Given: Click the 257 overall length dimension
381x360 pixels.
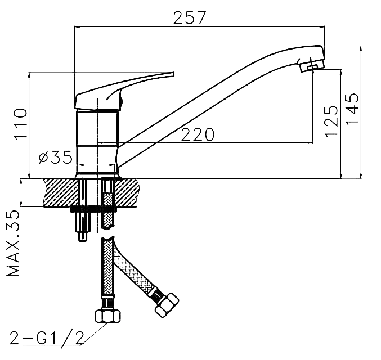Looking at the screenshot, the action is (189, 18).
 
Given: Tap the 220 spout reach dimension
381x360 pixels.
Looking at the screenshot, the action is (198, 134).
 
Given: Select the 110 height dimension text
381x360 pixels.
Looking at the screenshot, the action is (20, 124).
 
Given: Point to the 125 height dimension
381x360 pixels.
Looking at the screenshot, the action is (331, 121).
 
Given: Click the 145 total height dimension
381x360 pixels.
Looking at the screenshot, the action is (352, 109).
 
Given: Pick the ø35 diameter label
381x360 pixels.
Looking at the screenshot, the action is (55, 157).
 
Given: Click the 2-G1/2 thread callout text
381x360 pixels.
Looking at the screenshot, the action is (47, 338).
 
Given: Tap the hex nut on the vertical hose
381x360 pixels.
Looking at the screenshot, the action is (107, 316).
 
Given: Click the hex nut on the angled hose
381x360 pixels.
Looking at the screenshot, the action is (167, 305).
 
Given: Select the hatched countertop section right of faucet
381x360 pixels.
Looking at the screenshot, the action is (128, 192).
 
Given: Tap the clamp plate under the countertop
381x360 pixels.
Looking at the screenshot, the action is (93, 209).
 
